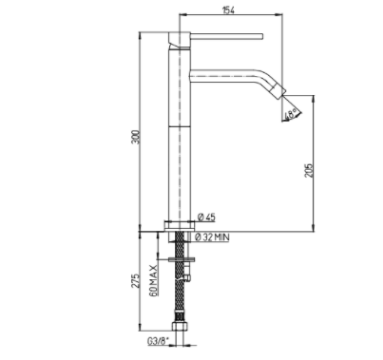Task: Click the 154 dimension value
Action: click(x=228, y=10)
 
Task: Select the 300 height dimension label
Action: click(x=135, y=137)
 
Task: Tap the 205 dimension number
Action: click(x=309, y=170)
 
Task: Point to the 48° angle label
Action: click(x=291, y=114)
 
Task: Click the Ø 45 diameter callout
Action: click(x=206, y=218)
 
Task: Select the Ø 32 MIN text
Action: click(x=212, y=237)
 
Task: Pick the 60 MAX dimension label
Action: click(x=154, y=280)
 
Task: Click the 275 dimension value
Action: click(x=135, y=280)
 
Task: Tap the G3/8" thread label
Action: click(x=158, y=341)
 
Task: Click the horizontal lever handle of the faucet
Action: click(x=226, y=36)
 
